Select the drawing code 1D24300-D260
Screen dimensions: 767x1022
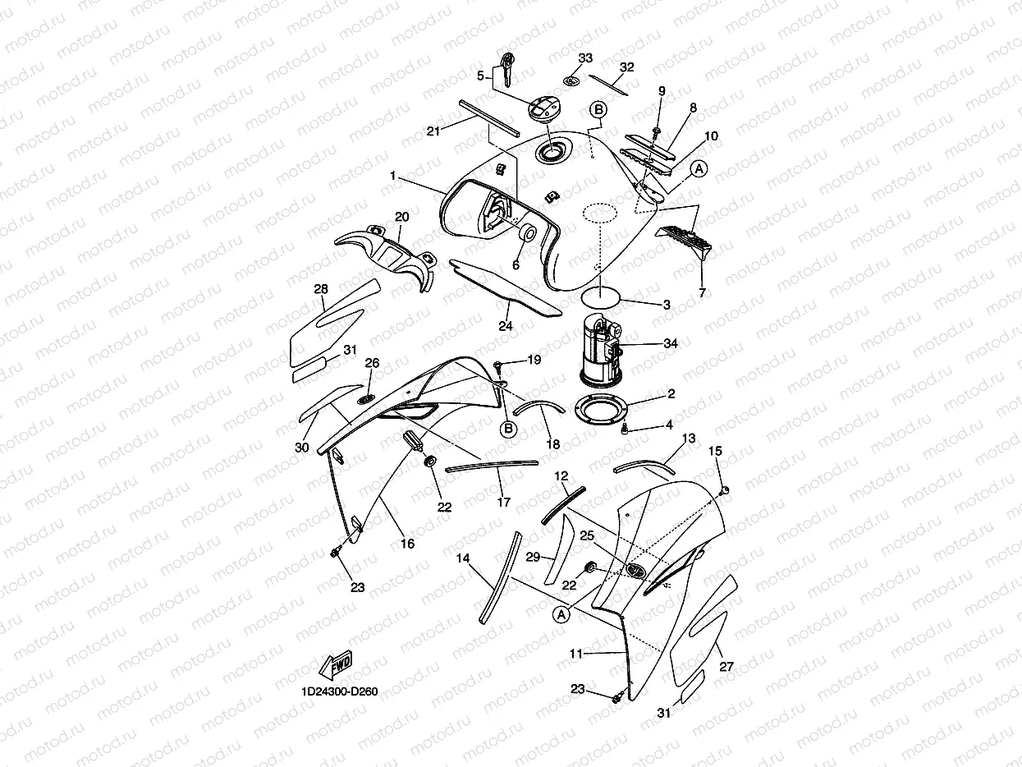pos(339,691)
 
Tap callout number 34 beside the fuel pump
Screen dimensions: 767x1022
pos(670,344)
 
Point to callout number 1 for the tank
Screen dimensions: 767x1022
pos(393,176)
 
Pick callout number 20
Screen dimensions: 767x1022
pos(401,216)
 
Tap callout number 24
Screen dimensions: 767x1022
pos(506,326)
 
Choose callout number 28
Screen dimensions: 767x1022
pos(321,289)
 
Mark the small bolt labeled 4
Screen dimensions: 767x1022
pos(626,429)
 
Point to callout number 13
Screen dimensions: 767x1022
pos(688,439)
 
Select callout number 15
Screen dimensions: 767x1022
pos(715,451)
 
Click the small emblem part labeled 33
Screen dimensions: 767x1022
pos(571,80)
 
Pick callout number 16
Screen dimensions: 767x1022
pos(407,544)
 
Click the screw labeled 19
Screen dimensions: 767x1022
pos(498,364)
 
